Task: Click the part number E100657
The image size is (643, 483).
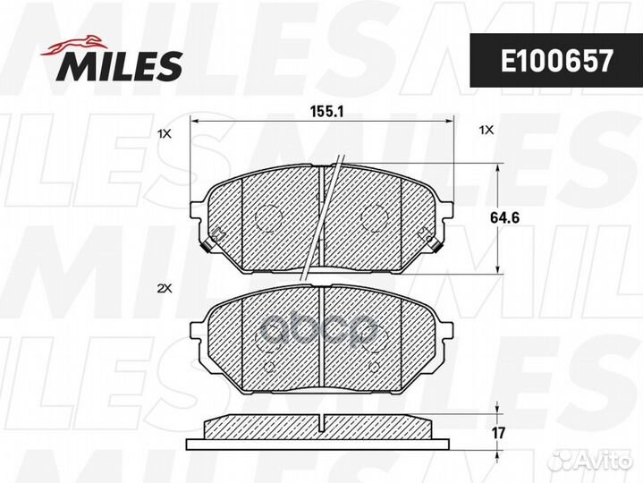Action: click(556, 61)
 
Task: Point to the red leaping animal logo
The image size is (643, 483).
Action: click(74, 45)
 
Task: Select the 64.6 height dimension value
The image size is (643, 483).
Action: click(504, 217)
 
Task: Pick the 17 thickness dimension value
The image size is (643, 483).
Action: click(498, 433)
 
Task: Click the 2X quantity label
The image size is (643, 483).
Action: click(164, 289)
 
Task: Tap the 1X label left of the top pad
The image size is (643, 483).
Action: click(165, 133)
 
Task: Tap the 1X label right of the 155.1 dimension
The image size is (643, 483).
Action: click(486, 131)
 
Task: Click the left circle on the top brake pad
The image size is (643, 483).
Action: click(267, 217)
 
